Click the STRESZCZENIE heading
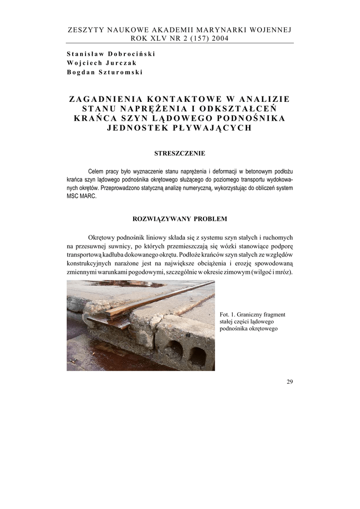[x=180, y=154]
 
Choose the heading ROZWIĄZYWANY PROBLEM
[x=180, y=218]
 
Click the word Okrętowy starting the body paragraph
[x=103, y=237]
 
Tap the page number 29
[x=290, y=382]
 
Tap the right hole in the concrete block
[x=197, y=356]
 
